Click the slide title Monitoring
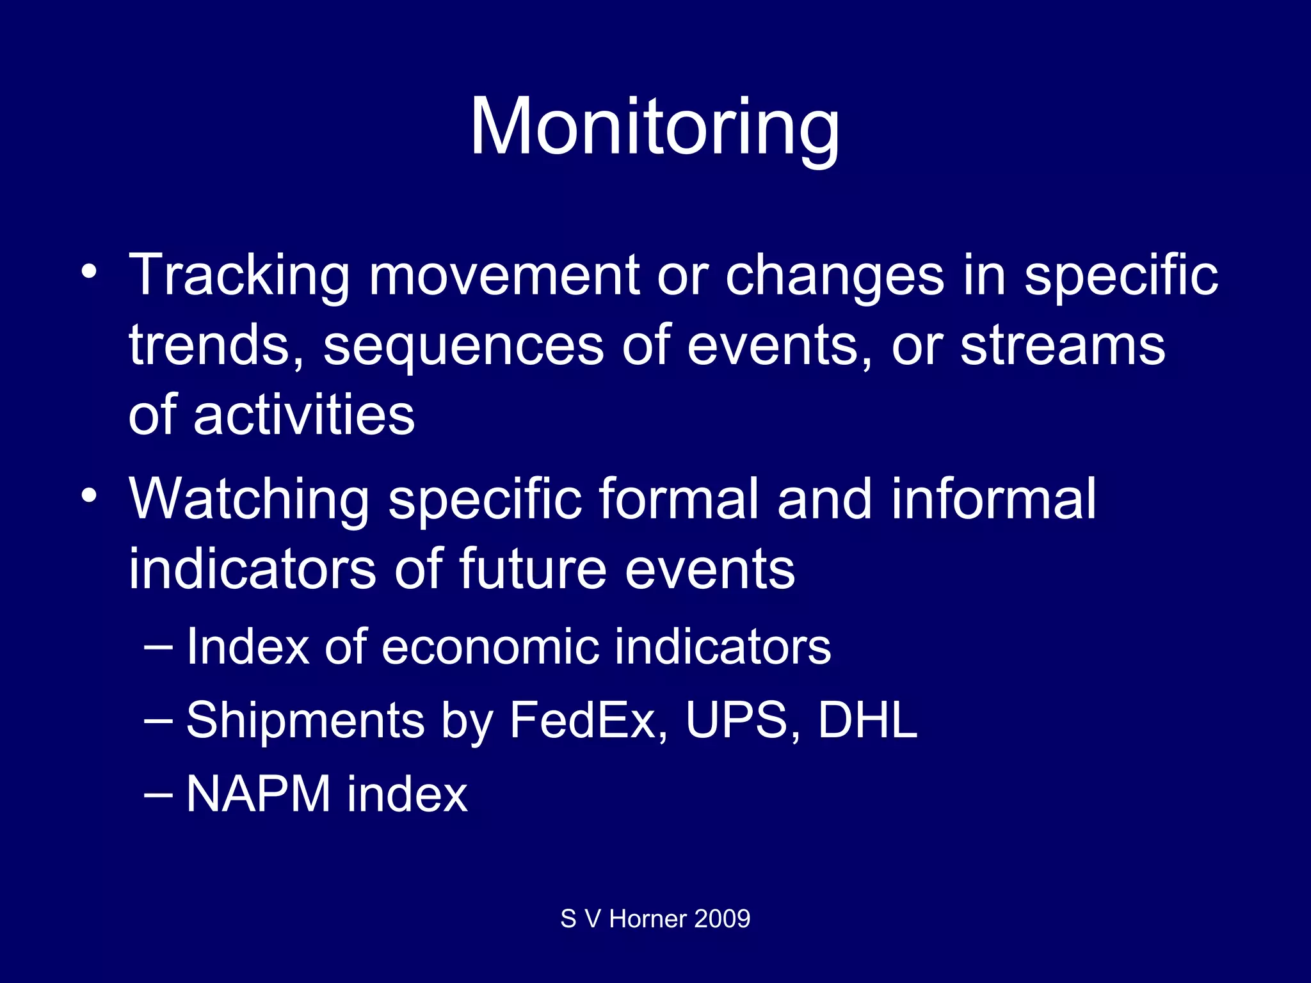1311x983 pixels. pyautogui.click(x=654, y=127)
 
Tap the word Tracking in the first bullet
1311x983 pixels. pyautogui.click(x=239, y=275)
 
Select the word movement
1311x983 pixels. pyautogui.click(x=504, y=275)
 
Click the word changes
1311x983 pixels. pyautogui.click(x=834, y=276)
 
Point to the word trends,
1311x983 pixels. pyautogui.click(x=216, y=346)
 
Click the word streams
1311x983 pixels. pyautogui.click(x=1063, y=346)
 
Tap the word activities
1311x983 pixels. pyautogui.click(x=304, y=415)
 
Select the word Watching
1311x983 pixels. pyautogui.click(x=249, y=500)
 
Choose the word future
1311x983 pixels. pyautogui.click(x=532, y=569)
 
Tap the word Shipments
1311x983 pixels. pyautogui.click(x=305, y=721)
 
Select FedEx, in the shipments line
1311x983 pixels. pyautogui.click(x=589, y=721)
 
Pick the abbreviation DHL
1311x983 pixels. pyautogui.click(x=867, y=721)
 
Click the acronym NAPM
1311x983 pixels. pyautogui.click(x=258, y=794)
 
